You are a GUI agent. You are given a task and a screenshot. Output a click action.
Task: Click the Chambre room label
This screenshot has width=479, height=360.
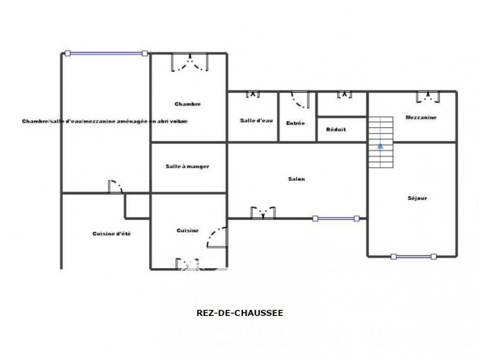(187, 104)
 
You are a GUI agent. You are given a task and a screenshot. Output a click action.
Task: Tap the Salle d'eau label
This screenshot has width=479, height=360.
(256, 121)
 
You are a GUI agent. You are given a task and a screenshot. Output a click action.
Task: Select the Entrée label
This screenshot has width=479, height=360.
(295, 123)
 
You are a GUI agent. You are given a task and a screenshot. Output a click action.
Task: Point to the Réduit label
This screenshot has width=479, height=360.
(336, 130)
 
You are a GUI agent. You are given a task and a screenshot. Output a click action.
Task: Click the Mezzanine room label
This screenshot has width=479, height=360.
(421, 117)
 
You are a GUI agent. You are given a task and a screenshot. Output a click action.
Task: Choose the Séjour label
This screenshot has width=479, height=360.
(417, 198)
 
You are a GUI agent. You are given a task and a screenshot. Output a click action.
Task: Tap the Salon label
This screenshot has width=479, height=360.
(296, 179)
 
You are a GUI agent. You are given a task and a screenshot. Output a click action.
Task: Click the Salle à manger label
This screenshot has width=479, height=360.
(187, 166)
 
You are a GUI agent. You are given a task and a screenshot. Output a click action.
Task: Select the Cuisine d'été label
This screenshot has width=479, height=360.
(112, 234)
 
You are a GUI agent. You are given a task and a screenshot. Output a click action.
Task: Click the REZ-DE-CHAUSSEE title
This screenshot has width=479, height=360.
(240, 313)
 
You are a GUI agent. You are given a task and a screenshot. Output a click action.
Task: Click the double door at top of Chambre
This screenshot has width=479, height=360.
(189, 63)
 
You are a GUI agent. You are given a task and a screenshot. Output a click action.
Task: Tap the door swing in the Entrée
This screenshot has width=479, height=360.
(300, 100)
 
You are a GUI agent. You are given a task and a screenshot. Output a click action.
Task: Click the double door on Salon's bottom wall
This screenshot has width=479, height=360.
(263, 212)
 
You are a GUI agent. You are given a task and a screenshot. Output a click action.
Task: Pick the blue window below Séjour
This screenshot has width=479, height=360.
(413, 256)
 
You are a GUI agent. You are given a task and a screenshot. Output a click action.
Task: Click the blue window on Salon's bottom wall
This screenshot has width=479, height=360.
(336, 218)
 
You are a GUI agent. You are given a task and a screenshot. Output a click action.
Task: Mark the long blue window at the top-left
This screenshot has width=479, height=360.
(106, 53)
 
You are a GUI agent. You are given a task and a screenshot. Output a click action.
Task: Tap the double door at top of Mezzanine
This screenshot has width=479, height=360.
(427, 97)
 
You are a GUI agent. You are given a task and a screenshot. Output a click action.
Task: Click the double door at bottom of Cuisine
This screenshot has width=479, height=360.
(187, 263)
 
